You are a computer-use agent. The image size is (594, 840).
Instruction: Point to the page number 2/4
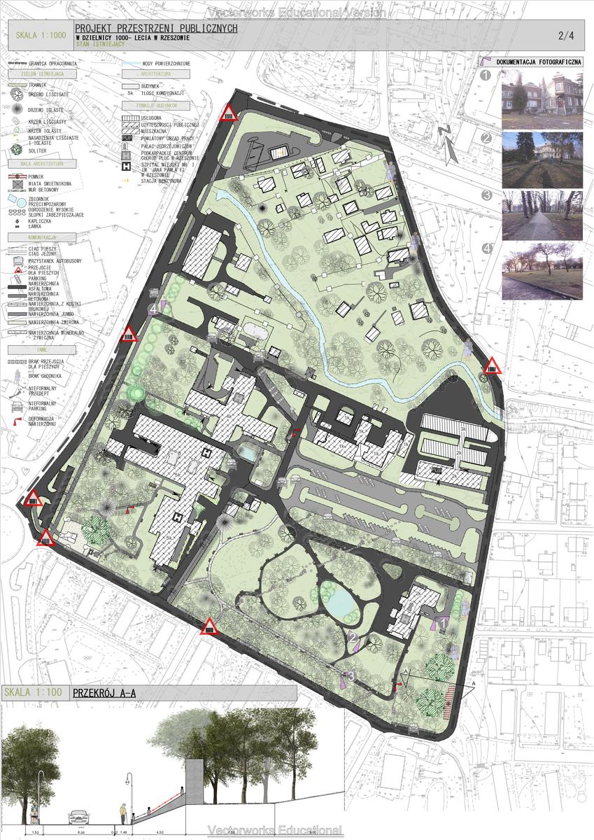pyautogui.click(x=565, y=35)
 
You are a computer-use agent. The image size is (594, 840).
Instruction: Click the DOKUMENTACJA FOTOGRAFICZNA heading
pyautogui.click(x=539, y=62)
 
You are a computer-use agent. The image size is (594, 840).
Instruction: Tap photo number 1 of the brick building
pyautogui.click(x=542, y=98)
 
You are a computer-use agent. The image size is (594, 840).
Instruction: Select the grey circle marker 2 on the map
pyautogui.click(x=353, y=637)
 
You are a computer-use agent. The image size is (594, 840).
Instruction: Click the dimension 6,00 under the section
pyautogui.click(x=80, y=833)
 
